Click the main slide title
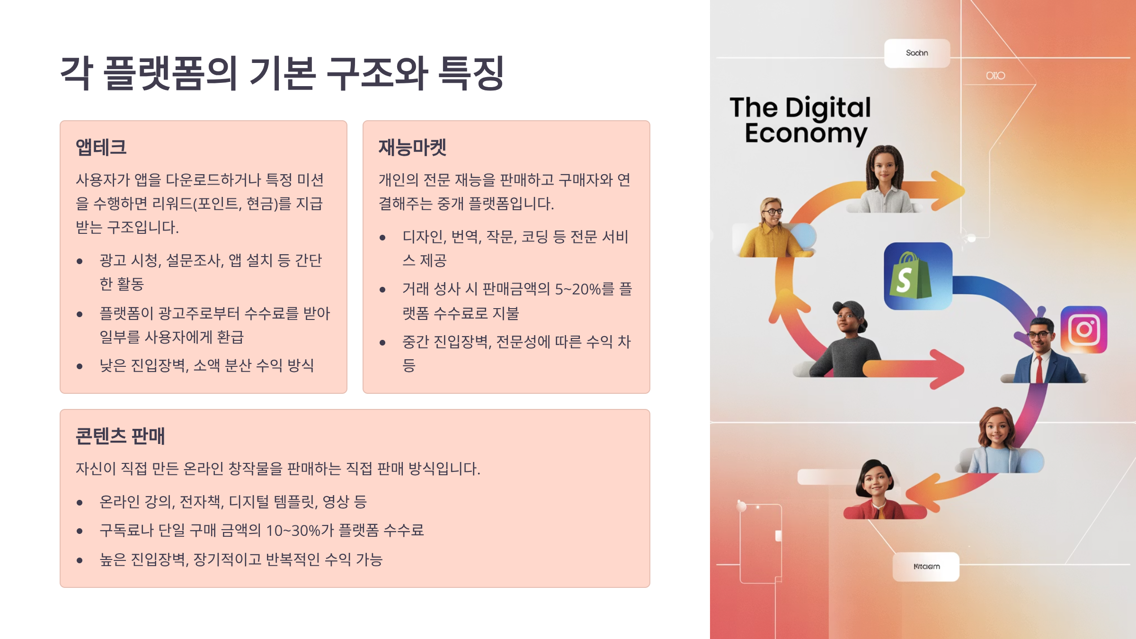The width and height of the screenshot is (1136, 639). [x=282, y=73]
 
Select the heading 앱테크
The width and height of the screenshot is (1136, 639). [x=101, y=147]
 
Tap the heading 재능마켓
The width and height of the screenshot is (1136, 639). [x=412, y=147]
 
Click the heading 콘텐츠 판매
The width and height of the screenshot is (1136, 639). [x=120, y=436]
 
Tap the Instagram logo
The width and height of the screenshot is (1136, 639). [x=1084, y=329]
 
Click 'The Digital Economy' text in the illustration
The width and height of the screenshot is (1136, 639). [x=801, y=120]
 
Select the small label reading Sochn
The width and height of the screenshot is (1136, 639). [x=917, y=53]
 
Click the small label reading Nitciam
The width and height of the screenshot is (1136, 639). [x=926, y=567]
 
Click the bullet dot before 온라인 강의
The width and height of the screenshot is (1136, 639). [x=80, y=503]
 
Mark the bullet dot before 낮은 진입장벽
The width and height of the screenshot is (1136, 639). [x=80, y=366]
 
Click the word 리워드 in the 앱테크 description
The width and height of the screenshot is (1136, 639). [x=172, y=204]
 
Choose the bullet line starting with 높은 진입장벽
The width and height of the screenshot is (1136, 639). [x=241, y=559]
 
